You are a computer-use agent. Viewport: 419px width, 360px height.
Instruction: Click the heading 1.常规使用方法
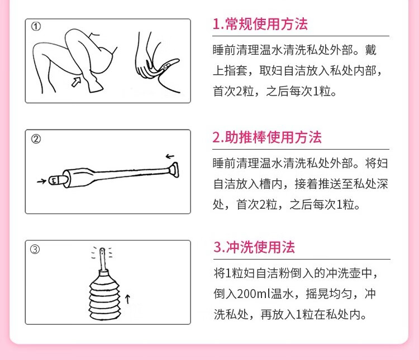click(260, 25)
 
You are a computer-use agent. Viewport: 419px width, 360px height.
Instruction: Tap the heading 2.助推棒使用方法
click(267, 137)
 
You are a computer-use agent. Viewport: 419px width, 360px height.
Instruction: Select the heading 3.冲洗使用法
click(254, 247)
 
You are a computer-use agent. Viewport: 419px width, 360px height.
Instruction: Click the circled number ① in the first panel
click(36, 27)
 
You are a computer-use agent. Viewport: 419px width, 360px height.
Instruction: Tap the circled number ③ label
click(35, 249)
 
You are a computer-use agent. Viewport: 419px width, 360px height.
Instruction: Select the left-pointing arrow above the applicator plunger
click(170, 156)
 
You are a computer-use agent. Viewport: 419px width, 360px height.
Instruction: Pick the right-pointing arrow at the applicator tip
click(41, 181)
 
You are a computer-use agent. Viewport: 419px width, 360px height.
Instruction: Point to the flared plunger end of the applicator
click(175, 169)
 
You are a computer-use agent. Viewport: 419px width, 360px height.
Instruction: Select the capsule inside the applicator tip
click(53, 180)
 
